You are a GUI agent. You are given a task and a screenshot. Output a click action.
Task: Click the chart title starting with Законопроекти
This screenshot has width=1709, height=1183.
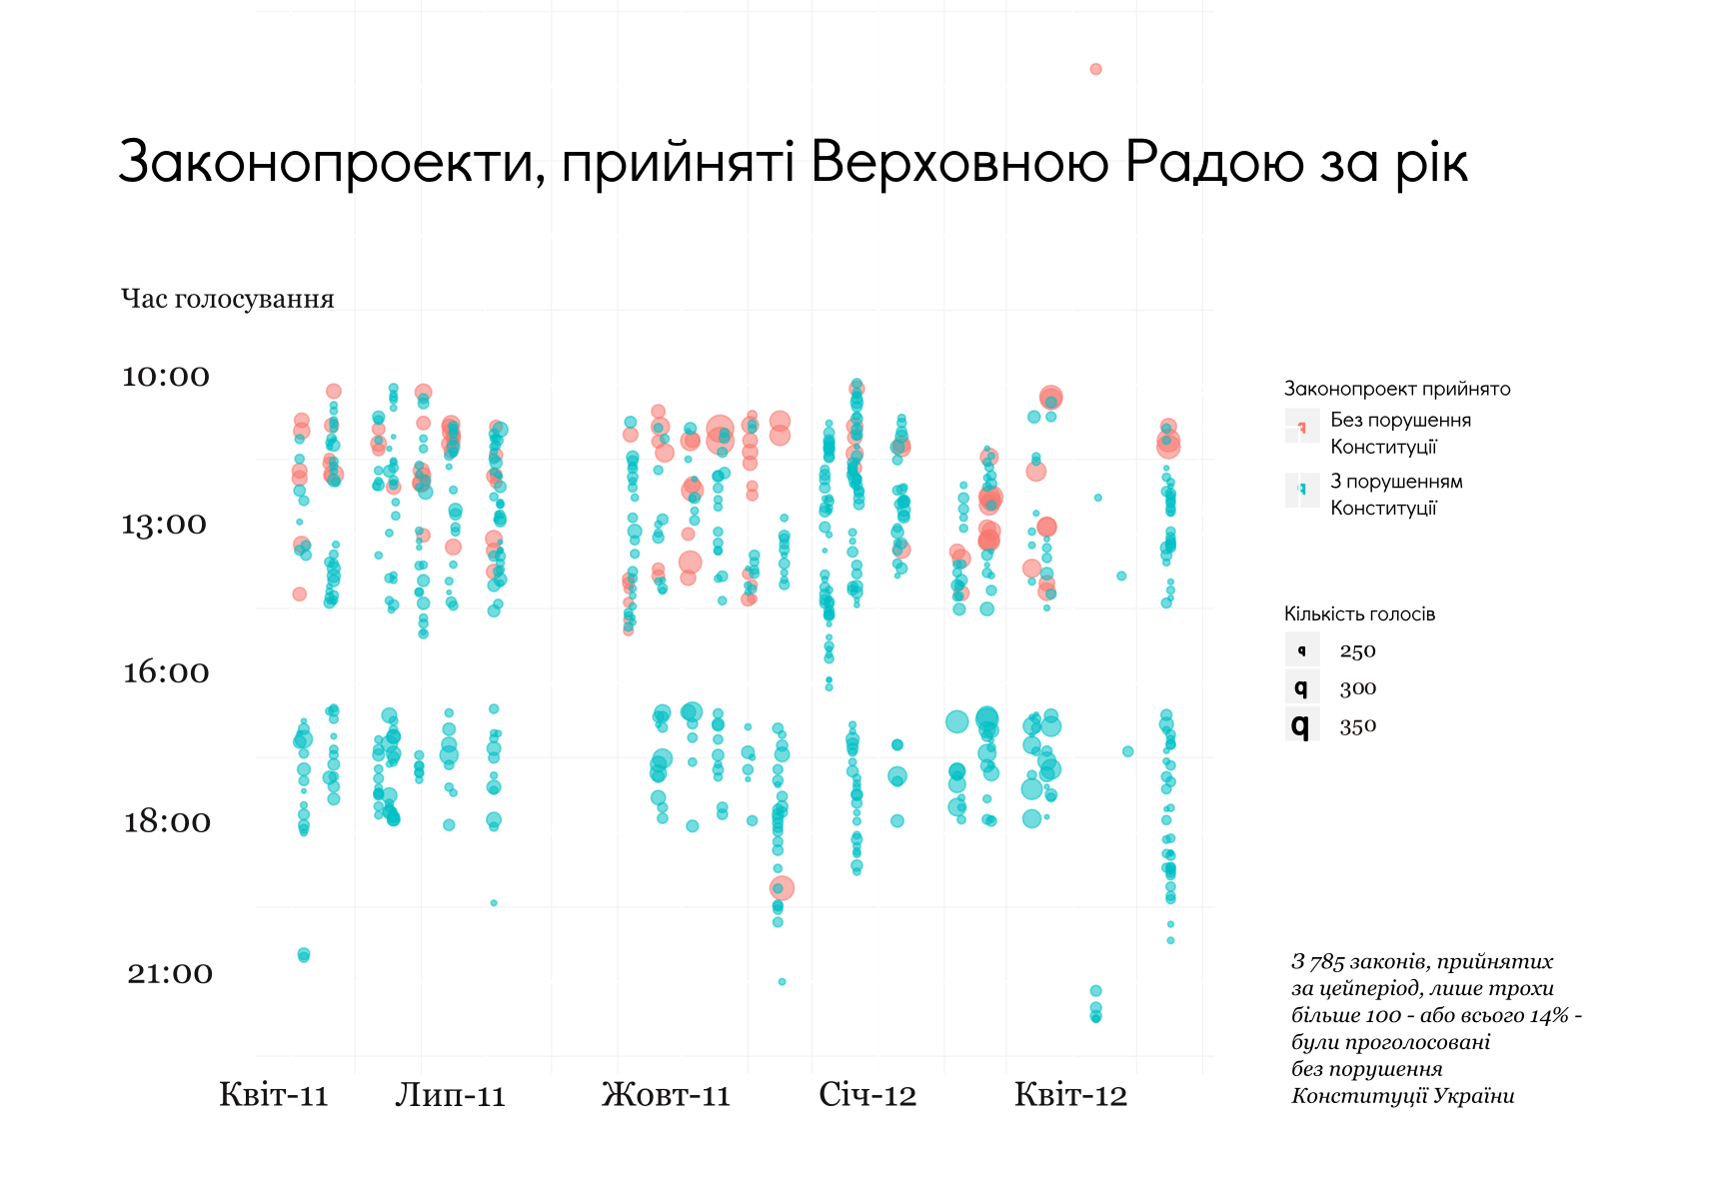tap(793, 162)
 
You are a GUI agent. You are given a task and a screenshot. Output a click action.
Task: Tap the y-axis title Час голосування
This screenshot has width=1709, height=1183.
tap(227, 299)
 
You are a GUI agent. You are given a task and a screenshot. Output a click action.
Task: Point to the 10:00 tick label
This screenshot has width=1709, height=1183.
tap(166, 376)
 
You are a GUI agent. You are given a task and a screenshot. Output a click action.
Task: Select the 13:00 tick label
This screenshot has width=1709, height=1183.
tap(164, 524)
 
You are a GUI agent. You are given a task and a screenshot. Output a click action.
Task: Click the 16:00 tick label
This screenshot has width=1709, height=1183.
tap(166, 671)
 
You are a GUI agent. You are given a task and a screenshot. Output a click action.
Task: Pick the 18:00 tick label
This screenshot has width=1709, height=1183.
tap(167, 821)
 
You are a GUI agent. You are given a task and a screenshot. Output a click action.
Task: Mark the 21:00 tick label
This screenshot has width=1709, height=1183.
tap(170, 972)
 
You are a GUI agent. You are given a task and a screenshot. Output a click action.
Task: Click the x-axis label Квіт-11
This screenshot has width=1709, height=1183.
tap(274, 1095)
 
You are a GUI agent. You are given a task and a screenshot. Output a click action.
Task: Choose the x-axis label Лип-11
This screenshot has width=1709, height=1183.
tap(450, 1095)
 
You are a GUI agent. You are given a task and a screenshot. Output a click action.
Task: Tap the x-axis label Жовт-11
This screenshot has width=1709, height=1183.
tap(666, 1095)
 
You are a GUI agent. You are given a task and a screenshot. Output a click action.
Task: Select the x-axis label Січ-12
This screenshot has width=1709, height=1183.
tap(867, 1095)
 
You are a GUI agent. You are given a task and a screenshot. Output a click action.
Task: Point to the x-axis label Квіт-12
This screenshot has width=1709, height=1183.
tap(1070, 1095)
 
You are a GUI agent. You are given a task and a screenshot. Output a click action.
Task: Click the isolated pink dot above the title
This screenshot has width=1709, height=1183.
tap(1095, 69)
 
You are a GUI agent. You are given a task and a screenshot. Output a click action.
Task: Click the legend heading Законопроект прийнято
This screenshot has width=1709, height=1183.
tap(1396, 389)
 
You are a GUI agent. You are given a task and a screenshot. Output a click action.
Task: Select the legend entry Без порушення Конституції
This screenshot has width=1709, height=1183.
tap(1399, 433)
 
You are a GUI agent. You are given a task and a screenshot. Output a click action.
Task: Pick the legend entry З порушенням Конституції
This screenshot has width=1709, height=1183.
tap(1395, 495)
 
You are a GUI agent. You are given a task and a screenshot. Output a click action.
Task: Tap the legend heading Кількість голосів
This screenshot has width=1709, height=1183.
tap(1359, 614)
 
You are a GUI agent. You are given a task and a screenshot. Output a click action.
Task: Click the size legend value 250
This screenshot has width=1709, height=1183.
tap(1357, 651)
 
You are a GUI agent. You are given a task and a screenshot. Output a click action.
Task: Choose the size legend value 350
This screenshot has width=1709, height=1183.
tap(1357, 726)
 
